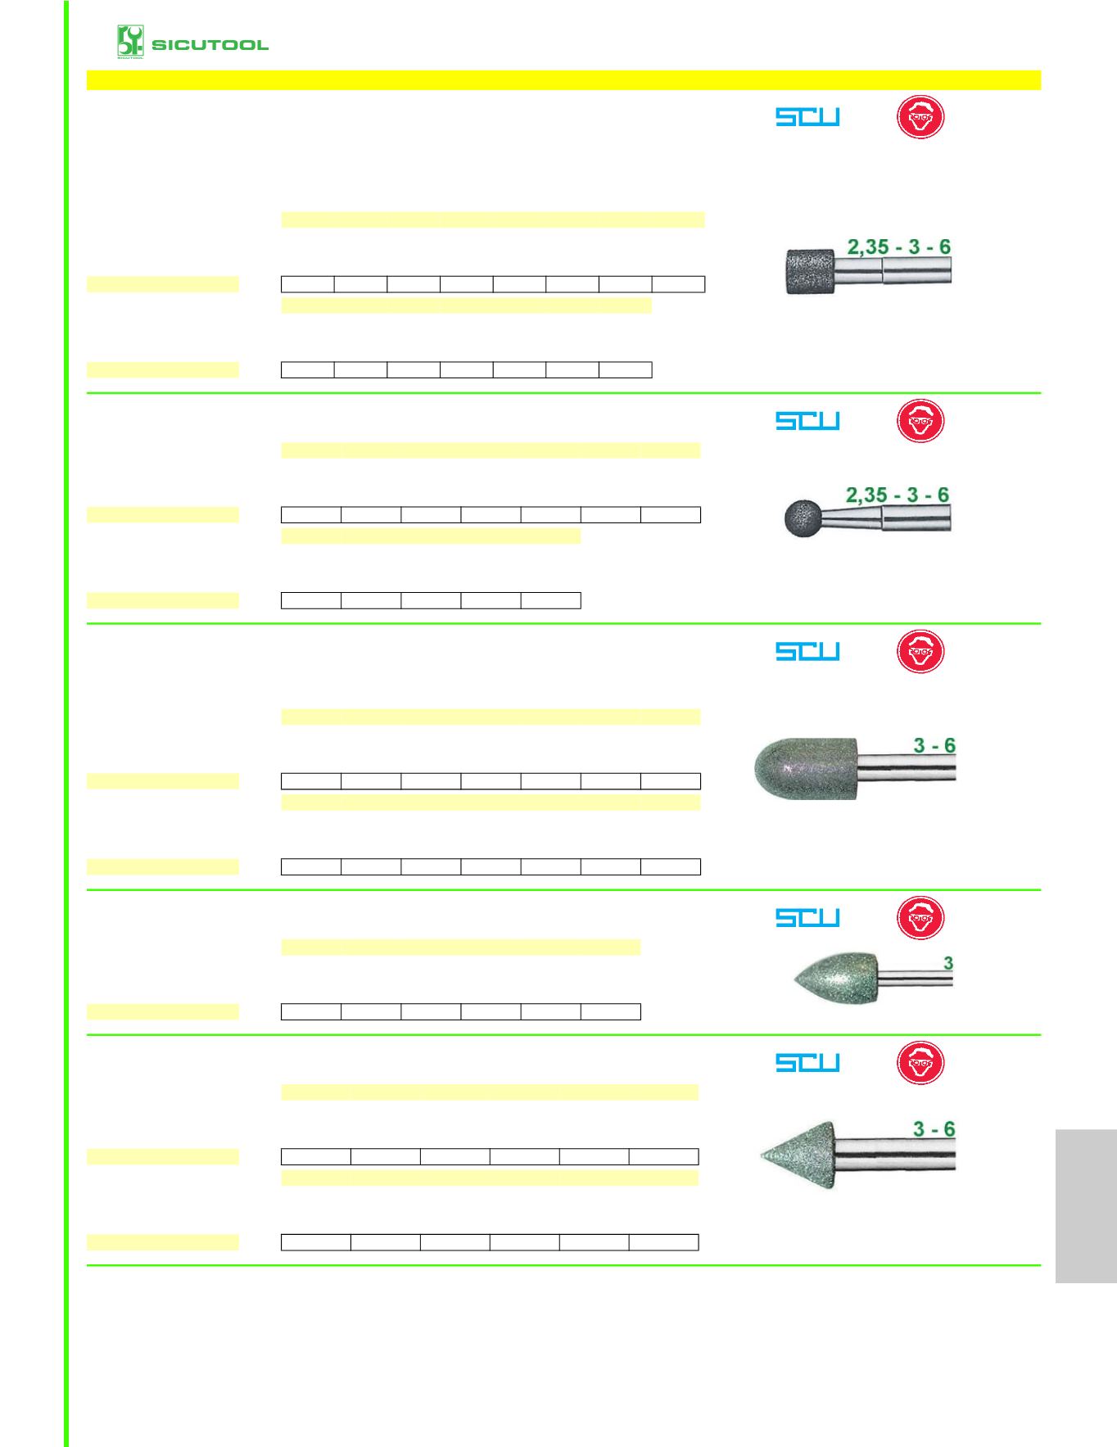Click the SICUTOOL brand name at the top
pos(210,44)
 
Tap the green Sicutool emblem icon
pos(130,42)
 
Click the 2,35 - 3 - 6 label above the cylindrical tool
pos(898,246)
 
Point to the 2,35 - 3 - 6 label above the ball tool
pos(897,495)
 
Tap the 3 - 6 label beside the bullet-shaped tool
pos(934,745)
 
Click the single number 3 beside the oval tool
pos(948,963)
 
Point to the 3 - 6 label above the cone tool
pos(934,1129)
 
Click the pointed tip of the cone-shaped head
pos(762,1155)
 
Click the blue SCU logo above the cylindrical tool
pos(807,117)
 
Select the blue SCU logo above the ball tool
pos(807,420)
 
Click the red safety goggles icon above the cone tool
pos(920,1062)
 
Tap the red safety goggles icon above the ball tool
pos(920,421)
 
